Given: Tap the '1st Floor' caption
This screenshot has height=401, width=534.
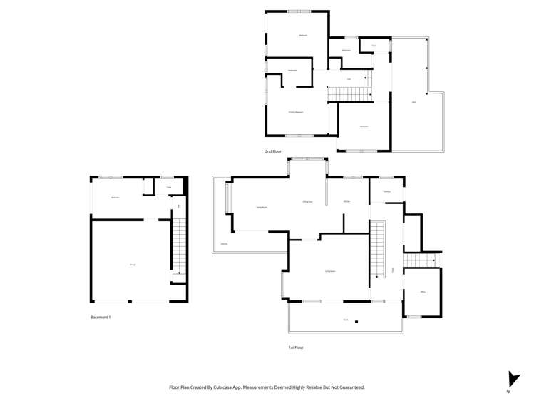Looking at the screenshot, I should coord(296,347).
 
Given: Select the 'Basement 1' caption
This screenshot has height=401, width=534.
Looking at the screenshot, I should coord(101,316).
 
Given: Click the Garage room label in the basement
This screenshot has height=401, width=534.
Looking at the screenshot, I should coord(133,265).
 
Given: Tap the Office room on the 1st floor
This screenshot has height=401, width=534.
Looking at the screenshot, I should coord(423,292).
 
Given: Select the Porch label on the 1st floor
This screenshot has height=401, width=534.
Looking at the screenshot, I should coord(346,320).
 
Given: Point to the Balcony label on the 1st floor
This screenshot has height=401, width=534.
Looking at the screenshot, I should coord(224,244).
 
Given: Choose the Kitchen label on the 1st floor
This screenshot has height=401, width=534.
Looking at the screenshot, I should coord(346,202).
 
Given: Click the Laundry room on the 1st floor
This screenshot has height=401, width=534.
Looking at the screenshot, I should coord(387,191).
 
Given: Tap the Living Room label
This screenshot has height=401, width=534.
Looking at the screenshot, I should coord(330,271).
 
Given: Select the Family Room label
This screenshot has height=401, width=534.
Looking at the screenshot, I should coord(262,207).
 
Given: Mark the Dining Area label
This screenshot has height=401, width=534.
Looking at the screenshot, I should coord(308,203).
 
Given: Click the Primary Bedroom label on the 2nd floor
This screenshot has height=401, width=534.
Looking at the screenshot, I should coord(296,112).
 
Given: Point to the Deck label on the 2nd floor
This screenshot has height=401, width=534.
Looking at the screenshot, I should coord(414,102).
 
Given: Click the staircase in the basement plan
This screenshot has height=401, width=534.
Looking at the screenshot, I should coord(179,247).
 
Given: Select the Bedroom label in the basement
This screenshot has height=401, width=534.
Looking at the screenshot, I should coord(115,198).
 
